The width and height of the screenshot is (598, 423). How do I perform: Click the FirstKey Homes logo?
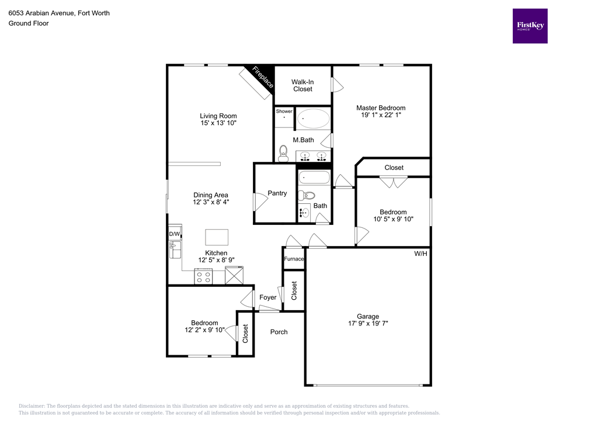(530, 26)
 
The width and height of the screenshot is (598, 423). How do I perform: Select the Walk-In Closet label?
(303, 85)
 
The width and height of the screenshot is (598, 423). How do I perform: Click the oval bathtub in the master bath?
(314, 119)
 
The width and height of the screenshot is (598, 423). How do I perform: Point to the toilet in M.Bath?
(283, 153)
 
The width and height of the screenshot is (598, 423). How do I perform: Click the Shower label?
(284, 111)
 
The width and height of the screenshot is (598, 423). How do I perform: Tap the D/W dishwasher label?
(174, 234)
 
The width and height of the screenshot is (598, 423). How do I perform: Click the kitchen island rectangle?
(217, 237)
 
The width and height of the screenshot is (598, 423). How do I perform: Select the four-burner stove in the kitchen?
(203, 276)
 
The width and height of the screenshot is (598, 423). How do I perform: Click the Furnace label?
(294, 259)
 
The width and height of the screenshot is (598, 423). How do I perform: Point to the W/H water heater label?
(420, 254)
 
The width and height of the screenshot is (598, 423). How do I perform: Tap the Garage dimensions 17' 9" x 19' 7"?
(368, 323)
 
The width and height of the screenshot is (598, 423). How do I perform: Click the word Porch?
(279, 332)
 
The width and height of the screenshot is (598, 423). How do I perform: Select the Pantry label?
(277, 193)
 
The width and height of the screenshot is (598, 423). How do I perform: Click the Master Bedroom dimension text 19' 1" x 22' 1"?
(381, 116)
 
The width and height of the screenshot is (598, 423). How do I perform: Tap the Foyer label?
(267, 297)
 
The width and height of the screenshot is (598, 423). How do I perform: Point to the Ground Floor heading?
(28, 23)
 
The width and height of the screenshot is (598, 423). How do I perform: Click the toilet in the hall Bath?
(308, 196)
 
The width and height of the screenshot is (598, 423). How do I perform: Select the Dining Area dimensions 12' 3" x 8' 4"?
(211, 202)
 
